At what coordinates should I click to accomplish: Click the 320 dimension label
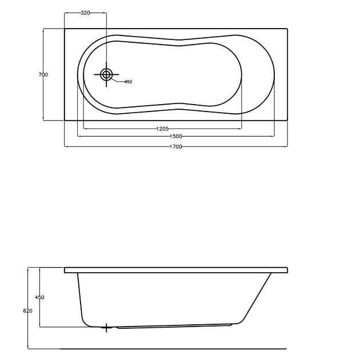click(x=85, y=13)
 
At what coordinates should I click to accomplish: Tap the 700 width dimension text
click(x=43, y=74)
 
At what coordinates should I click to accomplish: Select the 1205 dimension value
click(x=162, y=129)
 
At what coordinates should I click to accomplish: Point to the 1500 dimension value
click(x=176, y=137)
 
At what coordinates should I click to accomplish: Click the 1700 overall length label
click(x=176, y=147)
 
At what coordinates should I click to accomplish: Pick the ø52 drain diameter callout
click(x=128, y=82)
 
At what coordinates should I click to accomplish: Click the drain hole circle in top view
click(x=106, y=74)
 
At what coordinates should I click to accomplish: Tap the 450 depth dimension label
click(x=39, y=297)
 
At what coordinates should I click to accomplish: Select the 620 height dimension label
click(x=27, y=311)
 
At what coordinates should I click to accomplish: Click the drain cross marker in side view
click(x=106, y=328)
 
